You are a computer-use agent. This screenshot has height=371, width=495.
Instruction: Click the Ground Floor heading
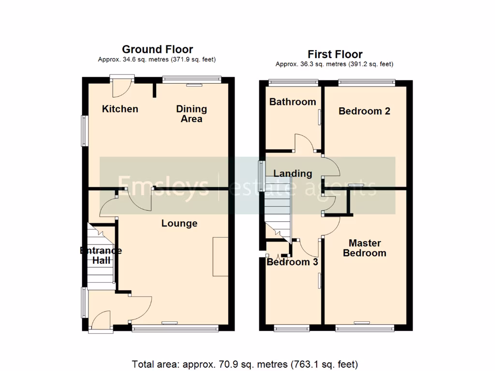(157, 49)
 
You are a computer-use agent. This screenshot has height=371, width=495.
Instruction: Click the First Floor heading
(335, 54)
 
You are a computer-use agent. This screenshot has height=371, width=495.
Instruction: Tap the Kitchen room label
(120, 109)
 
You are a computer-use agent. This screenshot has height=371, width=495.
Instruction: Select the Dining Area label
(191, 114)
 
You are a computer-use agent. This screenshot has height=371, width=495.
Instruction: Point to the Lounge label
(179, 223)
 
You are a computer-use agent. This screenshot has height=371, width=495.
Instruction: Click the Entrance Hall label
(101, 255)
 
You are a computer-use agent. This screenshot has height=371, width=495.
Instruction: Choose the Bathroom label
(292, 101)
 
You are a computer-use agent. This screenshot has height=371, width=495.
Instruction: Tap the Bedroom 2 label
(364, 111)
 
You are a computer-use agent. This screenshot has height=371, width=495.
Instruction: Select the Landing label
(292, 173)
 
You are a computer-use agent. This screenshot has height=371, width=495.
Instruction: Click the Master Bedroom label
(364, 248)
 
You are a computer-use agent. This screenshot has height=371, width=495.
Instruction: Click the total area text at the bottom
(245, 364)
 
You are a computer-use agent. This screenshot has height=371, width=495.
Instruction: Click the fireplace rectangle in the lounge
(220, 257)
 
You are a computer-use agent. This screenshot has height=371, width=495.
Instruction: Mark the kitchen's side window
(84, 130)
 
